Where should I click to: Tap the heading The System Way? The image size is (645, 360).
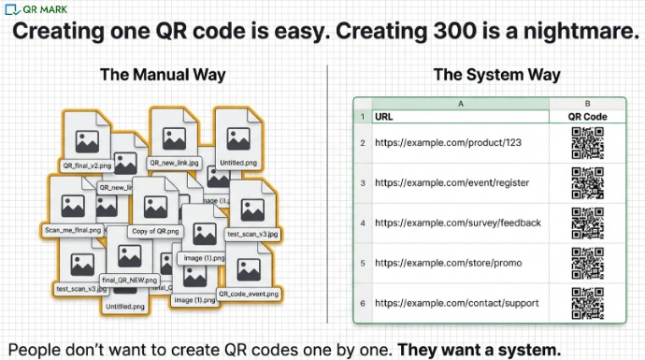coord(496,75)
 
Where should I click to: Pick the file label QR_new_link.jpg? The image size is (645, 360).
coord(176,163)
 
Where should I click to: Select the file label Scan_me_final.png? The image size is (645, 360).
coord(72,229)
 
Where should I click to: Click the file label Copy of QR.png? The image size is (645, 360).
coord(155,230)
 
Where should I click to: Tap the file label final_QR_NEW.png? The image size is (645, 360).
coord(130,280)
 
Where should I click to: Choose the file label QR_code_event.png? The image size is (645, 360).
coord(249,294)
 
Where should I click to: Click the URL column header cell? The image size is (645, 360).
coord(383,117)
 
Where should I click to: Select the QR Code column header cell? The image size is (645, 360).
coord(587,117)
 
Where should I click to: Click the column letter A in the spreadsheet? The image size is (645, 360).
coord(460,103)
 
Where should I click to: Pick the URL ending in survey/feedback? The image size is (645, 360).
coord(458,223)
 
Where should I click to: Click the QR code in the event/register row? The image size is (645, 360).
coord(587,183)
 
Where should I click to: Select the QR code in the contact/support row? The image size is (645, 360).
coord(587,304)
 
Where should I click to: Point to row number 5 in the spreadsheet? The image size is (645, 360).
coord(362,263)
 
